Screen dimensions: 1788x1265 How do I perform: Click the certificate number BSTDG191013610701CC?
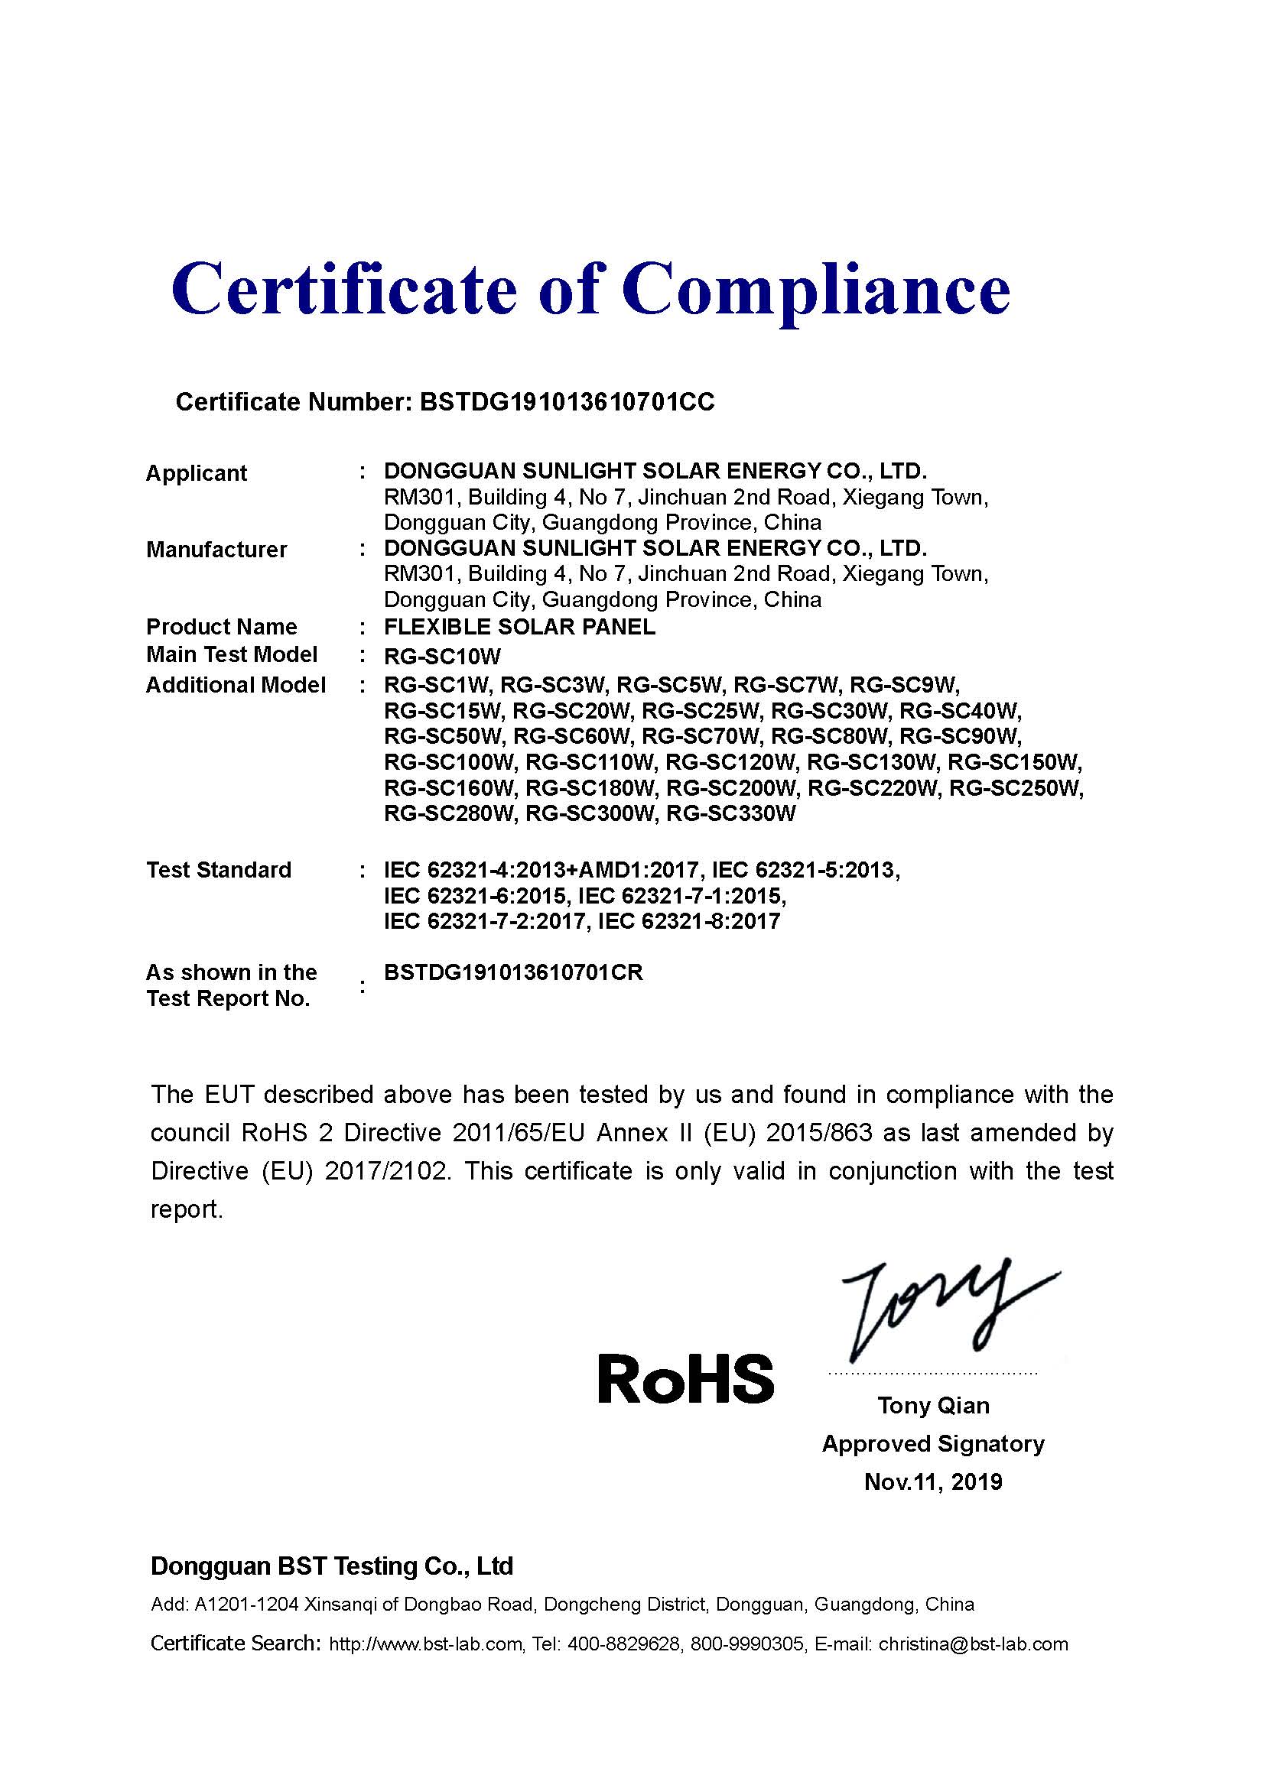[566, 402]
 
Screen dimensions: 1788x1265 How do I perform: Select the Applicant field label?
[197, 472]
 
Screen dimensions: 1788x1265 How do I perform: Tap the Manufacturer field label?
[216, 550]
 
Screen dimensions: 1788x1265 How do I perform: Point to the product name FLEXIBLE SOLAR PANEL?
[519, 627]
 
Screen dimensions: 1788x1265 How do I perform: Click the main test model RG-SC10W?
[442, 656]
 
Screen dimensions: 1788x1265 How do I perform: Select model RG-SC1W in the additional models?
[436, 684]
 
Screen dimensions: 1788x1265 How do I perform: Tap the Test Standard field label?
[219, 870]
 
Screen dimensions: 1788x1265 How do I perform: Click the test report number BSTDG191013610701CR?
[513, 972]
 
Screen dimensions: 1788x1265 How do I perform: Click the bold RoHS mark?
[685, 1378]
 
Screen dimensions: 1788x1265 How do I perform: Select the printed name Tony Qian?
[933, 1406]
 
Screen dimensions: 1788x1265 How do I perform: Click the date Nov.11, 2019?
[933, 1481]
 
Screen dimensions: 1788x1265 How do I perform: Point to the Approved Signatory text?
[933, 1444]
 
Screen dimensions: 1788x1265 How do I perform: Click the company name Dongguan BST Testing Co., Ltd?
[332, 1566]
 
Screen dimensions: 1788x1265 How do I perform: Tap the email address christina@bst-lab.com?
[973, 1644]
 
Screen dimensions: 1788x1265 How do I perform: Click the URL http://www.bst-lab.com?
[425, 1644]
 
